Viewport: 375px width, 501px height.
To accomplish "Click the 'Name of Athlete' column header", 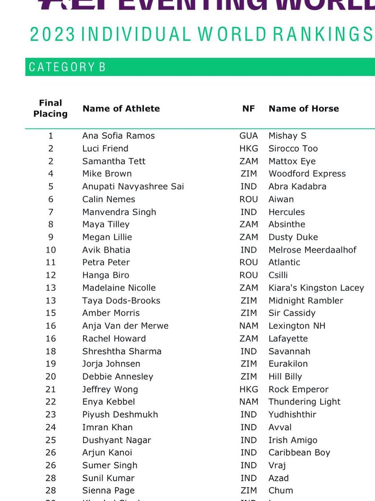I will point(121,109).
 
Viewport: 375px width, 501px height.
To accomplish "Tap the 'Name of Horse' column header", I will point(304,109).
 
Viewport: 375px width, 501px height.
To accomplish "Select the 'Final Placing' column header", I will point(50,109).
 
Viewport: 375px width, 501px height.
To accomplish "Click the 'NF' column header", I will point(249,109).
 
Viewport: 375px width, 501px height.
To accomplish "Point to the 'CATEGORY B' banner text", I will point(67,67).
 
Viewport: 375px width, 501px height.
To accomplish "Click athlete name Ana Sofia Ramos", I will point(118,136).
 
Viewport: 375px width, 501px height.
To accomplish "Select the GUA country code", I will point(249,136).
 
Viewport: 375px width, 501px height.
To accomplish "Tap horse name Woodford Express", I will point(307,174).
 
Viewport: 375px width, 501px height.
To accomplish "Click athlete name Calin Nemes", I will point(108,199).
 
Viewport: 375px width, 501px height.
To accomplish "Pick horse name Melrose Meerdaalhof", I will point(312,250).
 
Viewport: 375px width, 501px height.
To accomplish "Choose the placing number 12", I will point(50,275).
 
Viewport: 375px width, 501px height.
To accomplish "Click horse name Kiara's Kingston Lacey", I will point(316,288).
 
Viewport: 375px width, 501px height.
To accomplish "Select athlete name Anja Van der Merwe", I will point(125,326).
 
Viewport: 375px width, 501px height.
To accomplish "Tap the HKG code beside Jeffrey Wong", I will point(249,389).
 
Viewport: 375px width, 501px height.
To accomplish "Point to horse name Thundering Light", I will point(304,402).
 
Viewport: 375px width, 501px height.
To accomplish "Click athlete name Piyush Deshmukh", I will point(120,414).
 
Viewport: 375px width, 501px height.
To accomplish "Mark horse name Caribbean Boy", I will point(299,452).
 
